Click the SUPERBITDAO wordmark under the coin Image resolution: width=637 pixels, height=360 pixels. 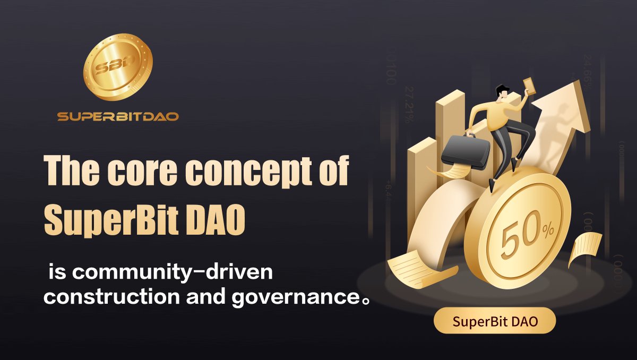click(118, 116)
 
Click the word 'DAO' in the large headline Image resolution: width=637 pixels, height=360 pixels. click(219, 219)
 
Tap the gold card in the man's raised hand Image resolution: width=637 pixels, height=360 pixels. click(529, 85)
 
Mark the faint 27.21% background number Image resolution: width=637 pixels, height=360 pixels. click(409, 104)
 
